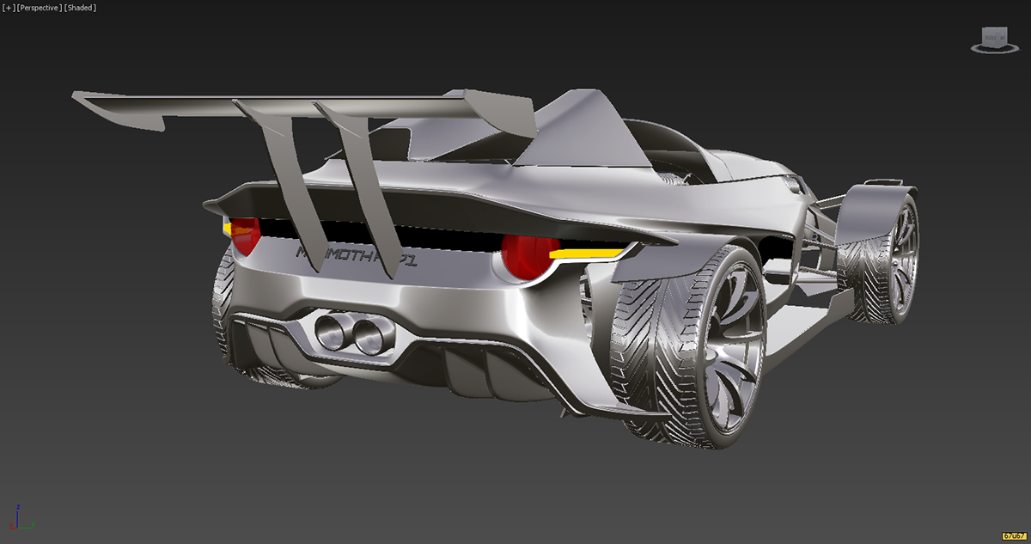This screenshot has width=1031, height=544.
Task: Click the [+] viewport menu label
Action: pyautogui.click(x=8, y=8)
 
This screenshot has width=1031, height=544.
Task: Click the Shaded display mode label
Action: pyautogui.click(x=81, y=8)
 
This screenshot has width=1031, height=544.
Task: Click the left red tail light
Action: pyautogui.click(x=244, y=236)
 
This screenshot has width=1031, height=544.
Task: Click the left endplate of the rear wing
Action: pyautogui.click(x=120, y=112)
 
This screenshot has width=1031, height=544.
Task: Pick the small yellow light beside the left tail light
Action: pyautogui.click(x=228, y=229)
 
